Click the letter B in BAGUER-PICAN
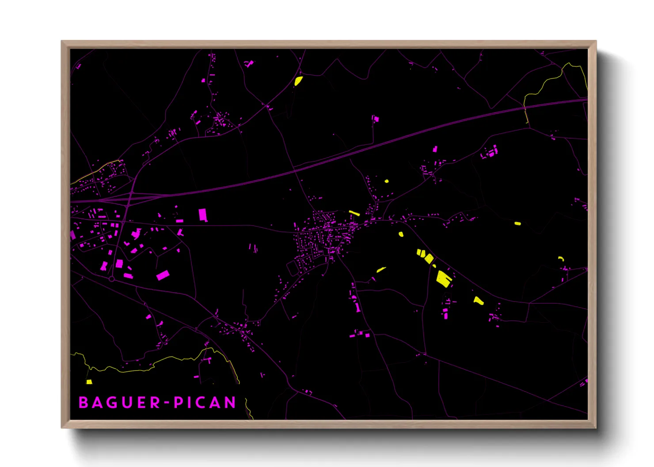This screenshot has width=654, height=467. coord(83,403)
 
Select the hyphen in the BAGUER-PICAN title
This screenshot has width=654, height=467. coord(167,403)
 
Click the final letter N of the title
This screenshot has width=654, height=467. coord(230,403)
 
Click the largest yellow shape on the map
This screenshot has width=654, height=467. coord(444,278)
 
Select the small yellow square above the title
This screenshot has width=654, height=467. coord(89,382)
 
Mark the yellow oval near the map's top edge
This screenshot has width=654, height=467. coord(299,81)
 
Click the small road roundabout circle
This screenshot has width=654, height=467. coord(112,279)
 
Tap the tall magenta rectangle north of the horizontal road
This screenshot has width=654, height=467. coord(203,215)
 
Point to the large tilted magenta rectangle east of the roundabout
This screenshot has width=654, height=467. coord(163,275)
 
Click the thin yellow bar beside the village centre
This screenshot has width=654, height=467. coord(354,213)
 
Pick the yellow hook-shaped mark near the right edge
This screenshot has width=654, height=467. coord(561,259)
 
